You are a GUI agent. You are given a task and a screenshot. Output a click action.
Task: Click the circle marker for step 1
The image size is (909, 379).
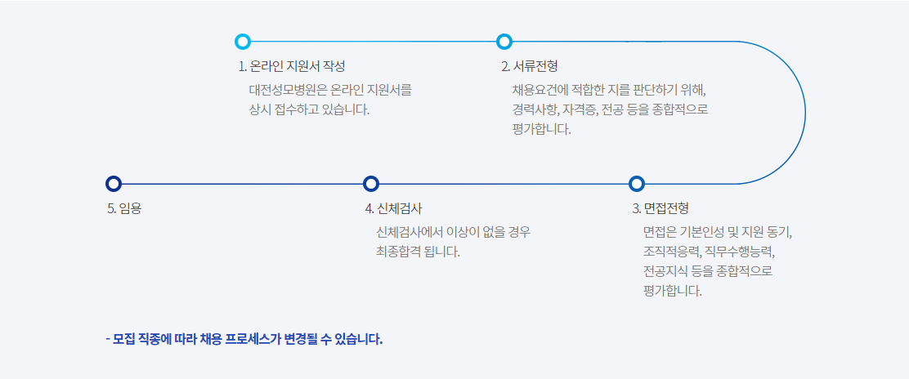pos(243,42)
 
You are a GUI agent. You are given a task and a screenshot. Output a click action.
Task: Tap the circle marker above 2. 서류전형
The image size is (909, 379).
pos(504,42)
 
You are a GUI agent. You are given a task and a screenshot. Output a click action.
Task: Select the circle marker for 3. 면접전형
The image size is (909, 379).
pos(637,184)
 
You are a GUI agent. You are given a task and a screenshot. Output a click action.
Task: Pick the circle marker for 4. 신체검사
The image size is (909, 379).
pos(371,184)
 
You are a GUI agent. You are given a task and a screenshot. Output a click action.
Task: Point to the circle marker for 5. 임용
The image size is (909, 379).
pos(114,184)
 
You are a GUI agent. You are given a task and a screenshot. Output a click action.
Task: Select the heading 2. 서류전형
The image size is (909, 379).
pos(529,67)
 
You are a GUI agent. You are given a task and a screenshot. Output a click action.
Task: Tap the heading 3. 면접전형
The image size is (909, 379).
pos(660,208)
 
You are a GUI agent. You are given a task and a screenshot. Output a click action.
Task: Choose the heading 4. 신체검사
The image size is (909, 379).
pos(394,208)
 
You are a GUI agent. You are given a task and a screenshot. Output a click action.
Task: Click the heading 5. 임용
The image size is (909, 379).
pos(124,208)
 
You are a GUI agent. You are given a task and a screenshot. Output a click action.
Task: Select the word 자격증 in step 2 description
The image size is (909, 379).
pos(580,110)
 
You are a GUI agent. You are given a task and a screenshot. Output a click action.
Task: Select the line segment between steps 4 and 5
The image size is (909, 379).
pos(242,184)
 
